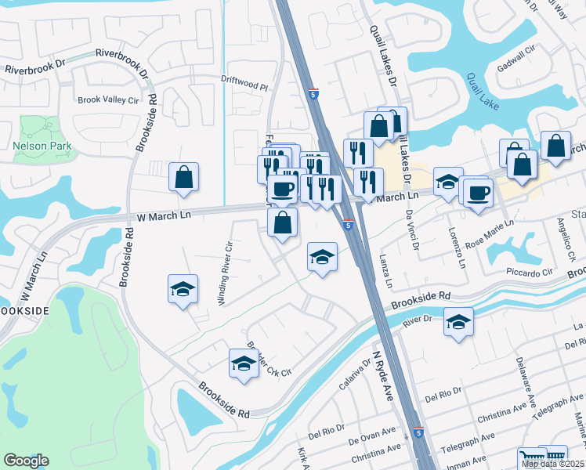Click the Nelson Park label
click(x=42, y=146)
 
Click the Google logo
click(x=26, y=461)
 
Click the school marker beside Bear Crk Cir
click(x=244, y=363)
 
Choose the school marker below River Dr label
click(x=458, y=322)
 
